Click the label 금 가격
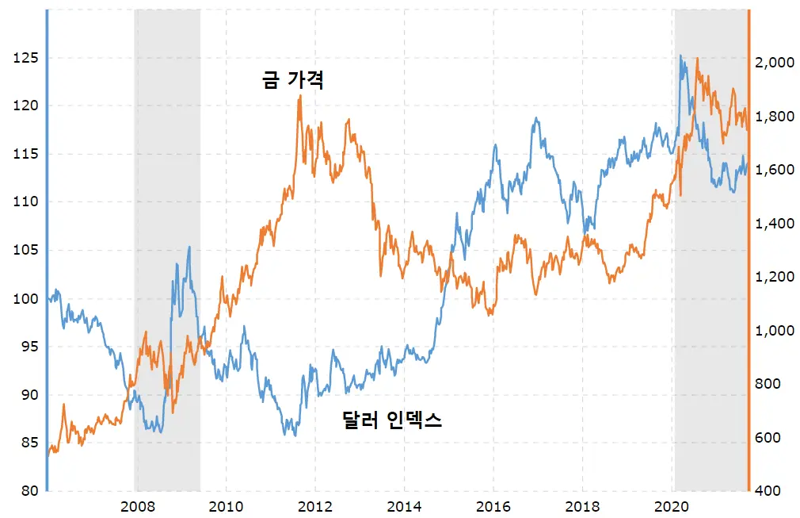292,80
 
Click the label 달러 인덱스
391,420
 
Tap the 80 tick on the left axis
17,491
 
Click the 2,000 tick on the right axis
774,63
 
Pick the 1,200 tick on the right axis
774,277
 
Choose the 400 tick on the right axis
770,491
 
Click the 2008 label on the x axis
137,507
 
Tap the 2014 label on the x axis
404,507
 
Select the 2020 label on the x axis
672,507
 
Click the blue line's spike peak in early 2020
680,56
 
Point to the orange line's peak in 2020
696,59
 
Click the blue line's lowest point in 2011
295,435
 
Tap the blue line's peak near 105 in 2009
189,247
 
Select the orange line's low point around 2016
490,314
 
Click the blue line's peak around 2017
537,118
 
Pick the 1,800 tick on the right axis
774,117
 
